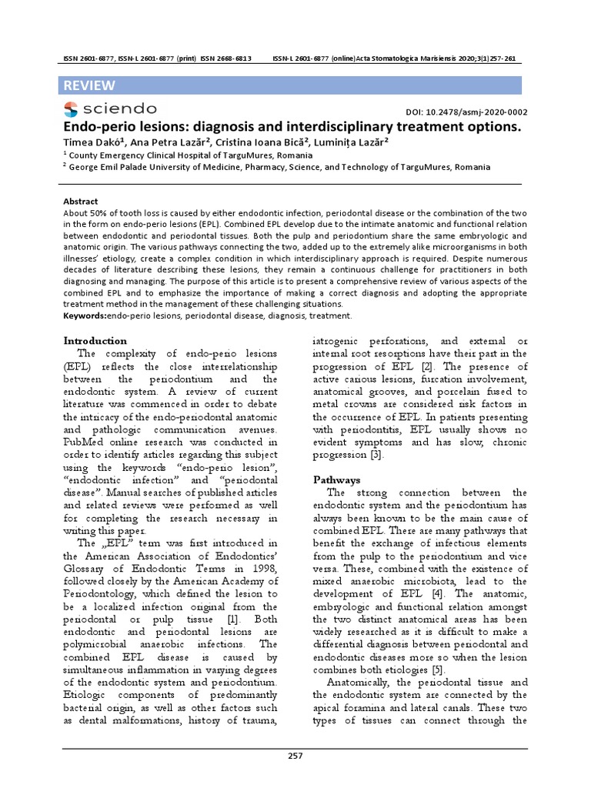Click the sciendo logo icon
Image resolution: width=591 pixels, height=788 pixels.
pos(71,109)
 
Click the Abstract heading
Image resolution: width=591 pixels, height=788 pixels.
pos(80,201)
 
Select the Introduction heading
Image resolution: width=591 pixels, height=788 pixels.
pos(95,340)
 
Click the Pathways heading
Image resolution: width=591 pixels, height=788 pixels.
pos(336,479)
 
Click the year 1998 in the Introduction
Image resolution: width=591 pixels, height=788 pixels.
pos(262,579)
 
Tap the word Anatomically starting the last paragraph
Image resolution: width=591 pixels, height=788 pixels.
pos(360,682)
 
